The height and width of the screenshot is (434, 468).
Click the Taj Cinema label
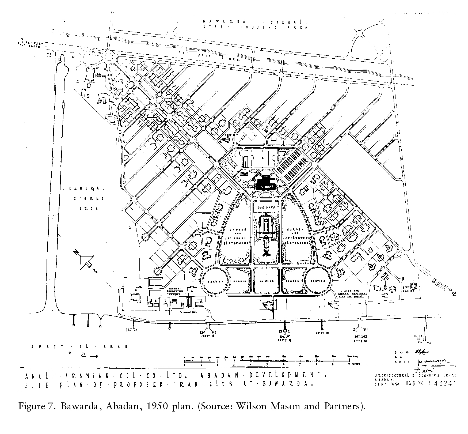click(x=101, y=74)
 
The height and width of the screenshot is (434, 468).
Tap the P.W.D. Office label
click(x=101, y=101)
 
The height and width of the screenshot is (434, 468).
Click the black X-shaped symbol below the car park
click(x=266, y=253)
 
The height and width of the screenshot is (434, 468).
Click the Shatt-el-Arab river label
click(x=79, y=347)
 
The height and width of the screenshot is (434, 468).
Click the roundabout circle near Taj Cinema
click(x=109, y=56)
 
